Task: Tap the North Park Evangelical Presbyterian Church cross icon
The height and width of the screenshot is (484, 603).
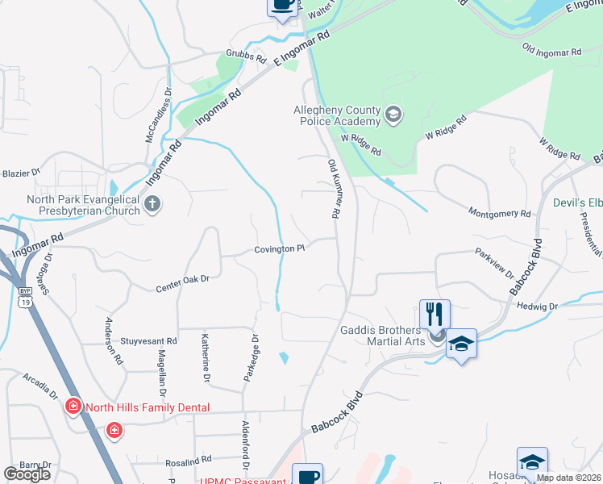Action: click(x=152, y=205)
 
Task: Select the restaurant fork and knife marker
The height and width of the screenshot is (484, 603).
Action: click(x=435, y=315)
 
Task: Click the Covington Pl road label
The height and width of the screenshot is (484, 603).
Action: click(x=280, y=249)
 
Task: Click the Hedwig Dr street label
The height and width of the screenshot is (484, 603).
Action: click(x=542, y=307)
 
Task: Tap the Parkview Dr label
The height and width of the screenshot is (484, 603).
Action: click(x=494, y=263)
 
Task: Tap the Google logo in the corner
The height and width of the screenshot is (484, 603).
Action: click(x=27, y=474)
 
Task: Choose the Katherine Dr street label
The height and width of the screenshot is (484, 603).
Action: click(x=206, y=358)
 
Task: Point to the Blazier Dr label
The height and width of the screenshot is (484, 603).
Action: click(x=21, y=173)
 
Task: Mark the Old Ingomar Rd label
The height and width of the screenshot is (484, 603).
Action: click(x=552, y=51)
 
